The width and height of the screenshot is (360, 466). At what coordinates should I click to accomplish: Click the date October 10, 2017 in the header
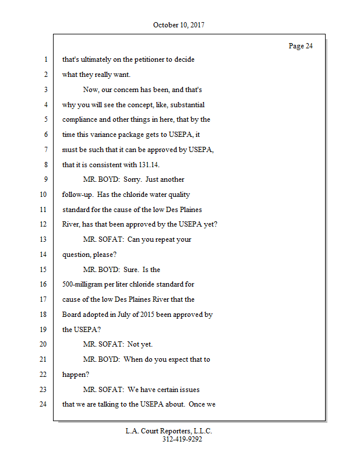click(179, 25)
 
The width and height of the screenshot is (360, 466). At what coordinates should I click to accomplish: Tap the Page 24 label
click(301, 46)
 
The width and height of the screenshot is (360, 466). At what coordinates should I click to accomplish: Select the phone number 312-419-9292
click(182, 440)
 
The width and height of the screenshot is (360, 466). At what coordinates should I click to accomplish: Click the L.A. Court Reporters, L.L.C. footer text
click(169, 432)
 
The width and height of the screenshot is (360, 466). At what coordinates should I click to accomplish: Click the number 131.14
click(147, 165)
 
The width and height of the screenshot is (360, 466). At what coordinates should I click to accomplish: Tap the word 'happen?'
click(76, 375)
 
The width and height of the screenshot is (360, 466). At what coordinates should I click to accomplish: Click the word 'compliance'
click(81, 119)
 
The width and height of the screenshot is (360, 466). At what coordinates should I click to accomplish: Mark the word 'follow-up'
click(78, 195)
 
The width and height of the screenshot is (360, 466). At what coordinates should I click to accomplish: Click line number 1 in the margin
click(45, 59)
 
